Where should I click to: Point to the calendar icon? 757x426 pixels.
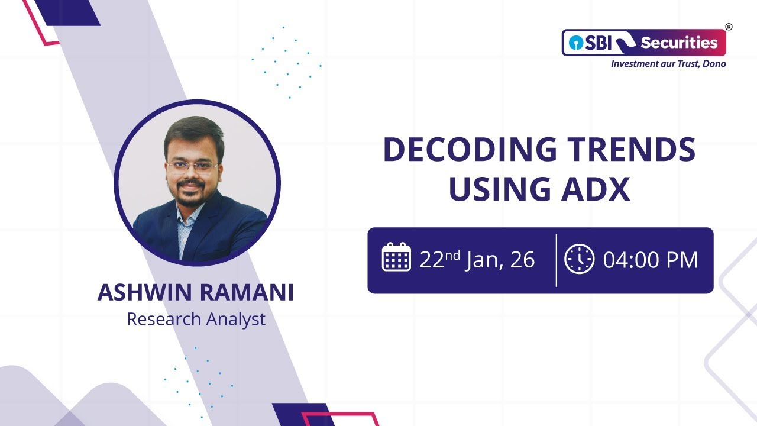[x=396, y=257]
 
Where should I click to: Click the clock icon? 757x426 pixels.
[x=579, y=259]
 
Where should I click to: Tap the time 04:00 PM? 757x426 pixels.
[x=651, y=260]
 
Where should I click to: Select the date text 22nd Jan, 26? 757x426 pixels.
[x=477, y=260]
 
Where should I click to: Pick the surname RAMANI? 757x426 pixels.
[x=251, y=293]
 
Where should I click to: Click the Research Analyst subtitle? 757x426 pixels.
[x=196, y=319]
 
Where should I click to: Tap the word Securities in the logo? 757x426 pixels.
[x=679, y=43]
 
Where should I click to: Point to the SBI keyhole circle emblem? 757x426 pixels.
[x=574, y=43]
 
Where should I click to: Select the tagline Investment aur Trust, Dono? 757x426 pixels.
[x=668, y=63]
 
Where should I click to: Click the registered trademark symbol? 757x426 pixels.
[x=729, y=27]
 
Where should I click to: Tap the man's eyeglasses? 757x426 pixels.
[x=192, y=166]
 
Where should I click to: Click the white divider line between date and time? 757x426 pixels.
[x=557, y=260]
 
